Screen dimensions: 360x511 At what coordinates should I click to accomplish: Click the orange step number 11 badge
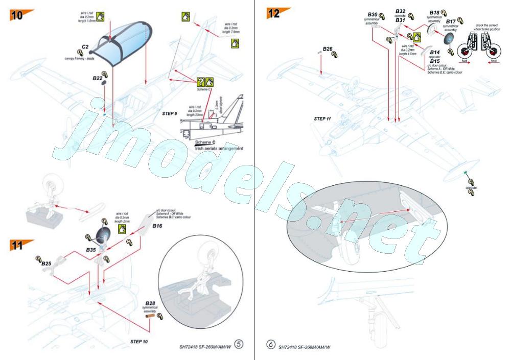tap(19, 245)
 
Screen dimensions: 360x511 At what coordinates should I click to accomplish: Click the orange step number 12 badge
tap(276, 13)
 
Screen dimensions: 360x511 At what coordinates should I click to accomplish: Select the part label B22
tap(98, 78)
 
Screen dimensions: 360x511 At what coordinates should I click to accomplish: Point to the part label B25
tap(46, 263)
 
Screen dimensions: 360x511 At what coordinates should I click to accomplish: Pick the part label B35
tap(91, 251)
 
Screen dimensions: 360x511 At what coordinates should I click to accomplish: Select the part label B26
tap(328, 49)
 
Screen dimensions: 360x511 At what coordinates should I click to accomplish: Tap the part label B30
tap(373, 14)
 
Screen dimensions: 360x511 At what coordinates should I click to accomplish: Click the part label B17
tap(450, 21)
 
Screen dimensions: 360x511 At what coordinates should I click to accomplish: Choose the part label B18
tap(434, 12)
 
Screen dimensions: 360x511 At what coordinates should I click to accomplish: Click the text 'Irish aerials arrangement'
tap(219, 148)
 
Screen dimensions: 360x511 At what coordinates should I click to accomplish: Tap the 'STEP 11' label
tap(322, 118)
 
